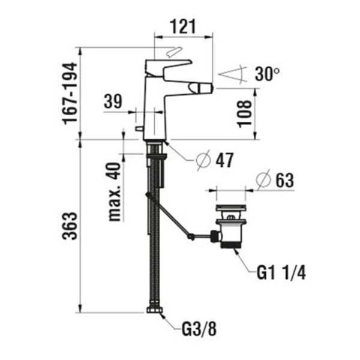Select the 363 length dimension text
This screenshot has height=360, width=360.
71,226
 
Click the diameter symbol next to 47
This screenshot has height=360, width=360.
203,160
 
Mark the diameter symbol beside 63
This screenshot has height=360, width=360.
262,179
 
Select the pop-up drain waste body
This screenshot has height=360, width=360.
229,228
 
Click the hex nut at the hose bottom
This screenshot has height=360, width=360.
153,311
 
